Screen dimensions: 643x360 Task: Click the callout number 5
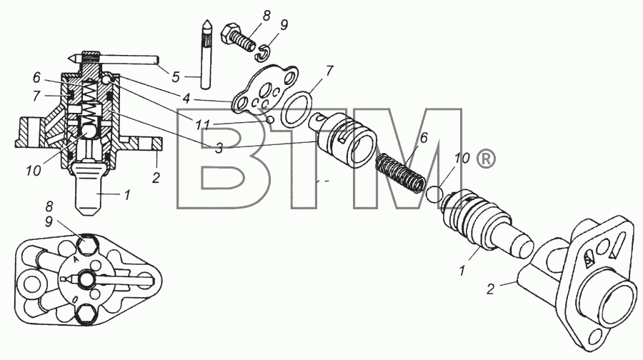click(x=176, y=76)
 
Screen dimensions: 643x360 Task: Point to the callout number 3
click(x=219, y=148)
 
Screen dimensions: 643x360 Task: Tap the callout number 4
click(x=186, y=99)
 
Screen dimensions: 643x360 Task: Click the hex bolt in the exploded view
click(x=236, y=37)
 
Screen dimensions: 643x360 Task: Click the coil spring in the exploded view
click(x=400, y=172)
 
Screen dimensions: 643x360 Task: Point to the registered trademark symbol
click(x=486, y=159)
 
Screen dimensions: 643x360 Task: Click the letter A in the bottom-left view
click(x=76, y=259)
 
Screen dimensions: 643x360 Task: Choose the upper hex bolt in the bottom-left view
click(x=87, y=244)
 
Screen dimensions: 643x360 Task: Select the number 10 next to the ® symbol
click(x=462, y=159)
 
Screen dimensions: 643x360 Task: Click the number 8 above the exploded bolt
click(x=266, y=16)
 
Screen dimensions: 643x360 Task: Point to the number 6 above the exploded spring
click(x=424, y=138)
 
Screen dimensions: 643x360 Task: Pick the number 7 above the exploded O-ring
click(x=329, y=71)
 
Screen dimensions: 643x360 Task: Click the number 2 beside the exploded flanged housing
click(x=490, y=289)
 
